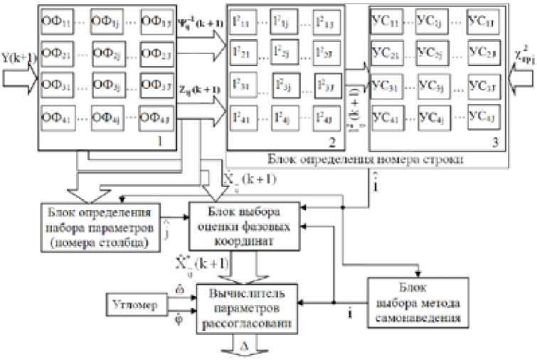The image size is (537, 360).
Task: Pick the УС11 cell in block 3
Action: (388, 19)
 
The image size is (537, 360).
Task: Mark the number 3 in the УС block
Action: (496, 140)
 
